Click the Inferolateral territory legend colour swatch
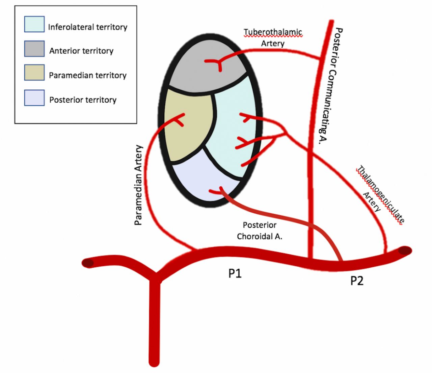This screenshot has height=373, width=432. (x=34, y=24)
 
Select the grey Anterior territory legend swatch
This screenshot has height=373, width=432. (x=34, y=49)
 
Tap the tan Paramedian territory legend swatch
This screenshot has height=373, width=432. (x=34, y=73)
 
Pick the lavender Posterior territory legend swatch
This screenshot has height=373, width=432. (x=34, y=98)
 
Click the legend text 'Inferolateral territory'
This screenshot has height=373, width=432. (x=87, y=27)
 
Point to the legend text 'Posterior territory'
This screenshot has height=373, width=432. (x=83, y=100)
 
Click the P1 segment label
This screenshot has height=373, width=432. (x=235, y=273)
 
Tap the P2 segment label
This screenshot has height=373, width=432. (x=357, y=281)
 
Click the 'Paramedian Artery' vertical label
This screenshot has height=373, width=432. (x=138, y=185)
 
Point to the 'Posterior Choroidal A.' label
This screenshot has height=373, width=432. (x=260, y=231)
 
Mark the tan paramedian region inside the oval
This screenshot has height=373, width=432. (x=187, y=132)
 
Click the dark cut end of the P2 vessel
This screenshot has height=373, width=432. (x=405, y=251)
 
